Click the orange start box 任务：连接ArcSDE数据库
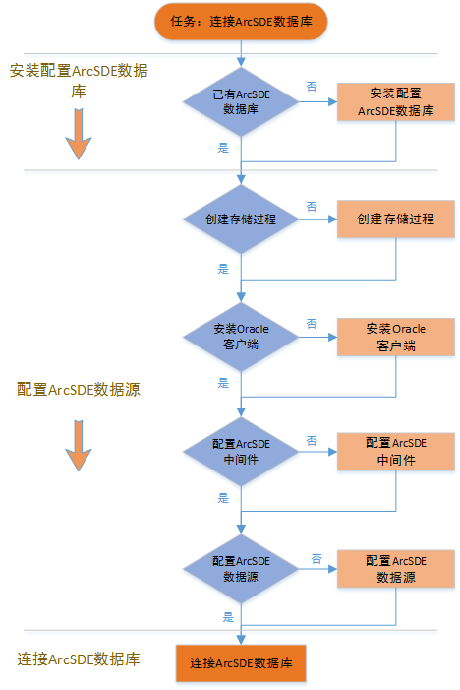coord(241,21)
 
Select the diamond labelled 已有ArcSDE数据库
coord(241,101)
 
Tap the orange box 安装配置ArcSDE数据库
coord(396,101)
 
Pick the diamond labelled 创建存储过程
coord(241,220)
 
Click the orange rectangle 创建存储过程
coord(396,220)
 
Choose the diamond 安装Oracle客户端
coord(241,337)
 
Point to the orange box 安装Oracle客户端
coord(396,337)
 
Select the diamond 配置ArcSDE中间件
coord(241,452)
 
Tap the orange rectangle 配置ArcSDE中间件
coord(396,452)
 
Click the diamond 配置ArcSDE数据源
coord(241,569)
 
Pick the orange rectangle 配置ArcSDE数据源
coord(396,569)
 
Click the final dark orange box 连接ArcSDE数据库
coord(241,663)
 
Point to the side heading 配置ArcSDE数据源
coord(79,390)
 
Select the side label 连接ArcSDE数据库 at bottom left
coord(79,659)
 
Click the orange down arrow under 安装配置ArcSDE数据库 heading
coord(79,134)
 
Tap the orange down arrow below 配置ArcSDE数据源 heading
coord(79,446)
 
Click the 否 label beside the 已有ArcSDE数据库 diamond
coord(312,87)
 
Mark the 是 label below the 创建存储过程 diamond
coord(223,269)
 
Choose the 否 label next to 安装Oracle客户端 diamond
coord(312,324)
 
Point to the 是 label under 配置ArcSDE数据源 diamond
coord(228,617)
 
